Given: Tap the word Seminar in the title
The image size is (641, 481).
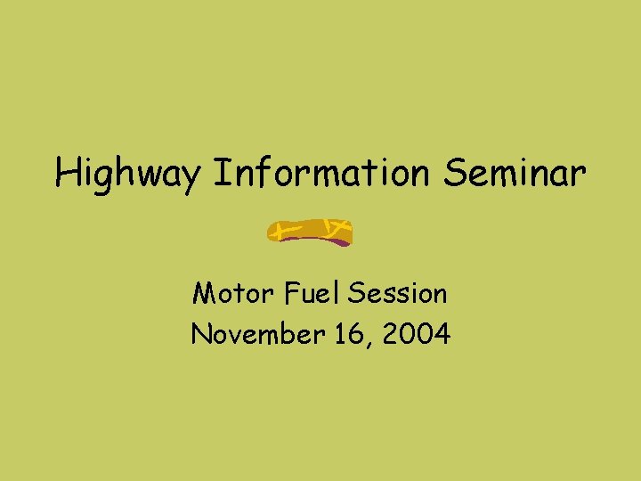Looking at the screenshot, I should coord(515,173).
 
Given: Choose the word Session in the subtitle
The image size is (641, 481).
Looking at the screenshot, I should coord(398,292).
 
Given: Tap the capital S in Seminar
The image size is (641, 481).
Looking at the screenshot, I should coord(453,173).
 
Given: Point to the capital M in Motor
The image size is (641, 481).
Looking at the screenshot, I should coord(204,292).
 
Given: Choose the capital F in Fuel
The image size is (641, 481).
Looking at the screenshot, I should coord(293,292).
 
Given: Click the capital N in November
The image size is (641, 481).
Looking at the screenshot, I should coord(201,335).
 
